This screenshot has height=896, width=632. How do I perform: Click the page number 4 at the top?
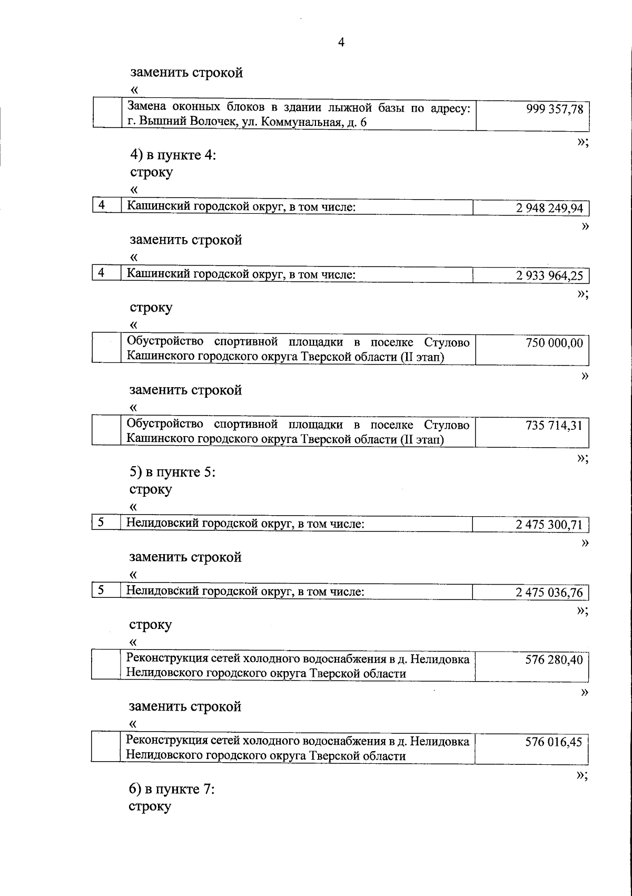coord(341,43)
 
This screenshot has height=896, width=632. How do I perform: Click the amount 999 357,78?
coord(554,109)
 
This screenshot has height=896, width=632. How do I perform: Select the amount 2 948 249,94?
coord(549,208)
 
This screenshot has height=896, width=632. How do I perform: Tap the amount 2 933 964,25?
coord(549,275)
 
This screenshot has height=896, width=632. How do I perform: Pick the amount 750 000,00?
coord(554,343)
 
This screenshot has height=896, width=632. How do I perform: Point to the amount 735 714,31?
coord(554,425)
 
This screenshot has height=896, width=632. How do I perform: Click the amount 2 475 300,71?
coord(549,525)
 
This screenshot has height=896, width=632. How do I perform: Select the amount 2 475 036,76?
coord(549,592)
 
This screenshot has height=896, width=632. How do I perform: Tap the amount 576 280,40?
coord(554,659)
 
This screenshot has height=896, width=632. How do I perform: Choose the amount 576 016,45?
coord(554,742)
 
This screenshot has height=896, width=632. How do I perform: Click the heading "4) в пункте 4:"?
coord(173,155)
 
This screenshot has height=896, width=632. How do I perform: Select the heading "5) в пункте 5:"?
coord(173,472)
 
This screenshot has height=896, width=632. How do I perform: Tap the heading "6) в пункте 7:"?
coord(172,790)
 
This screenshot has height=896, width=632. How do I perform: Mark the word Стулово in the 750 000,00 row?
coord(447,342)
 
